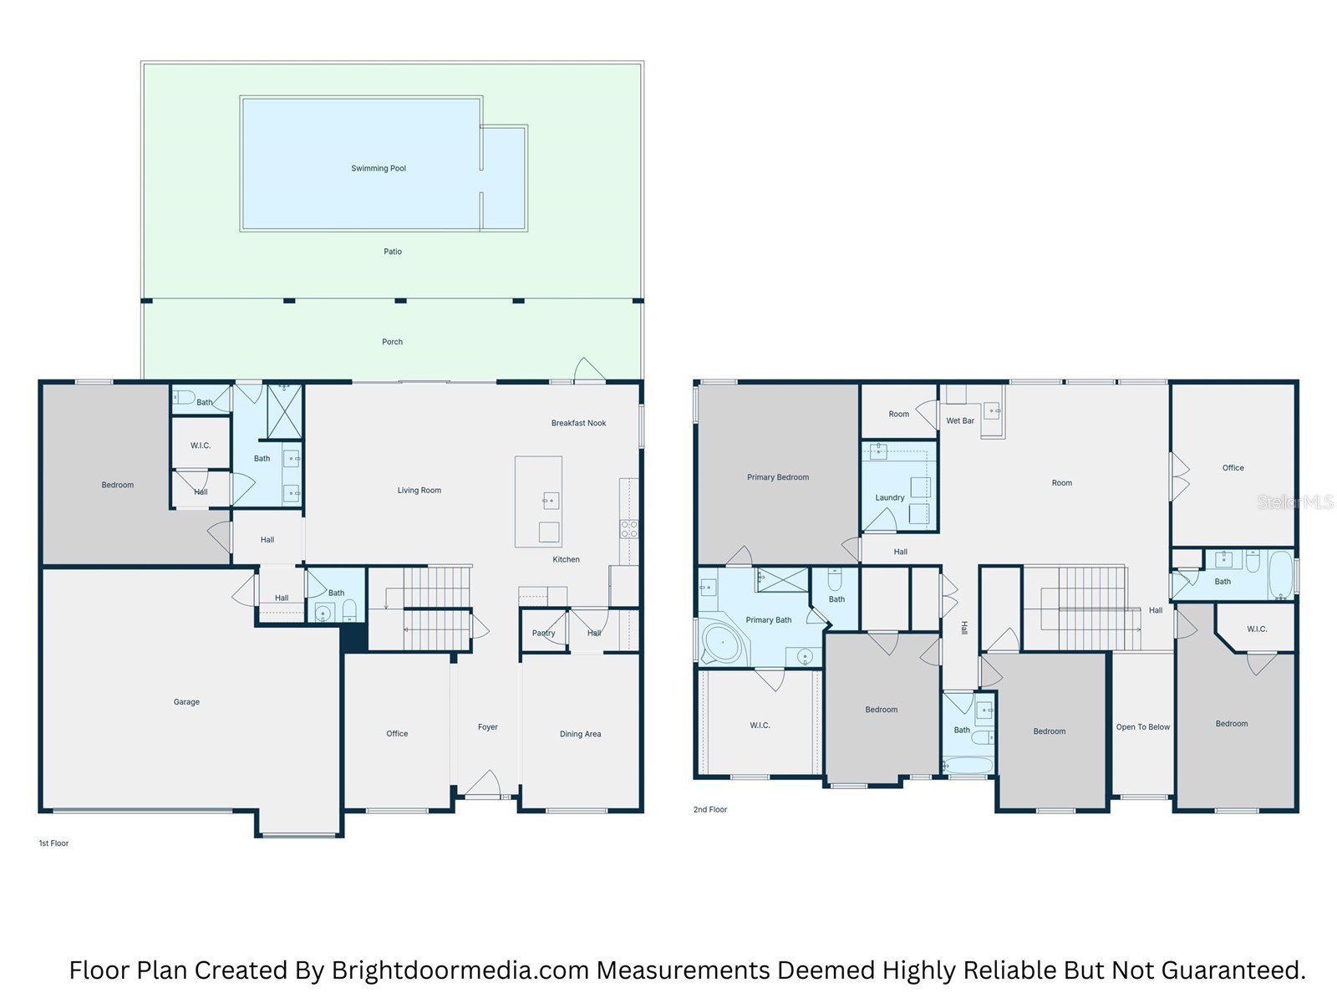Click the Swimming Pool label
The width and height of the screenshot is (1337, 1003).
379,168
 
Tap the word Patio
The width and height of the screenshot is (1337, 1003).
392,251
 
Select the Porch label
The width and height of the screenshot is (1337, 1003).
392,342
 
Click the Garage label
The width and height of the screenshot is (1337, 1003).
186,702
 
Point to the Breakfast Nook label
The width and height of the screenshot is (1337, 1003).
578,423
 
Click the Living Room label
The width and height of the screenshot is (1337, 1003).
419,491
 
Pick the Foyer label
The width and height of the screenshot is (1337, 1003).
488,727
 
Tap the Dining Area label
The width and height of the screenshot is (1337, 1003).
581,734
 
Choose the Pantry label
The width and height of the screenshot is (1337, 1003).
543,633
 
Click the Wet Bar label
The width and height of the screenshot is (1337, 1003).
960,420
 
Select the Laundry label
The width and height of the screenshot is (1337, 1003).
890,497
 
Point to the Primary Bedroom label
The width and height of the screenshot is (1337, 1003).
778,477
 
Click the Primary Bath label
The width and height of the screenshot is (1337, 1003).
769,620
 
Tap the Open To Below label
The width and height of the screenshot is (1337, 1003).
1142,727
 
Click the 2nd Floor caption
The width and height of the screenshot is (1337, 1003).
710,809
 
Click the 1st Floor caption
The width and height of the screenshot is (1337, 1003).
53,843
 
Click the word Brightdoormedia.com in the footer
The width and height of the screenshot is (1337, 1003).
460,970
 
